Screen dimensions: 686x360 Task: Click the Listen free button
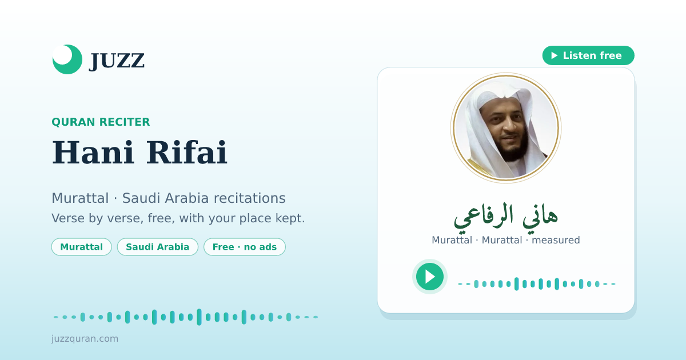pyautogui.click(x=588, y=55)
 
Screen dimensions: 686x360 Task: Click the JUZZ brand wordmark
pyautogui.click(x=117, y=61)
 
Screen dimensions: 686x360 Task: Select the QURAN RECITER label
pyautogui.click(x=101, y=122)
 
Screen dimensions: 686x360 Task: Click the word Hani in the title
pyautogui.click(x=93, y=153)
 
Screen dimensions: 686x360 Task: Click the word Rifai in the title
pyautogui.click(x=186, y=153)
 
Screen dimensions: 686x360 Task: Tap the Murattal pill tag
pyautogui.click(x=81, y=247)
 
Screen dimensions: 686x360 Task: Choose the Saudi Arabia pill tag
pyautogui.click(x=158, y=247)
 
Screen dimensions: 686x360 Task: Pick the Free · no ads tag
pyautogui.click(x=245, y=247)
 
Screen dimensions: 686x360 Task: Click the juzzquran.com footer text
pyautogui.click(x=85, y=338)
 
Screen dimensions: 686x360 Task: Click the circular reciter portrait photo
pyautogui.click(x=506, y=127)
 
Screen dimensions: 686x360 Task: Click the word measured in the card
pyautogui.click(x=556, y=240)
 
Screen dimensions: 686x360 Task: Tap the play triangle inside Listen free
pyautogui.click(x=555, y=55)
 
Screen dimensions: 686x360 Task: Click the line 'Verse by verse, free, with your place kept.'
pyautogui.click(x=178, y=218)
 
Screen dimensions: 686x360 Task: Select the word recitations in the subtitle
pyautogui.click(x=250, y=198)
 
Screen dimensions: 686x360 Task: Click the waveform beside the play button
pyautogui.click(x=537, y=284)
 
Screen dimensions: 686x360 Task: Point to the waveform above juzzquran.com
pyautogui.click(x=186, y=317)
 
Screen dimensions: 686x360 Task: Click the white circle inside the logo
pyautogui.click(x=62, y=55)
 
